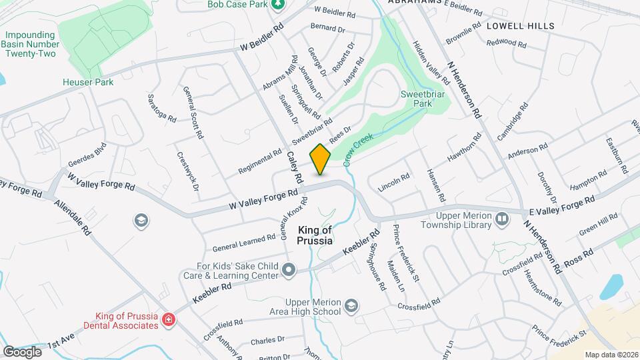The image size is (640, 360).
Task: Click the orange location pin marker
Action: click(321, 159)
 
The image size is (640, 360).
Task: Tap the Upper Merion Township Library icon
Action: click(501, 217)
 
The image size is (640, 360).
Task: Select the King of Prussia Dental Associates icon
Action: click(169, 320)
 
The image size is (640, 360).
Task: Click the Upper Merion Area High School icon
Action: click(351, 306)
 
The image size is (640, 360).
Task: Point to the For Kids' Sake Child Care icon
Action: click(288, 270)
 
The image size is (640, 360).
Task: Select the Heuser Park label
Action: click(88, 82)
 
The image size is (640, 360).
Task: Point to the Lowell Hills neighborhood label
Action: click(520, 26)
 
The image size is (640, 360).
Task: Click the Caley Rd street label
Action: click(295, 167)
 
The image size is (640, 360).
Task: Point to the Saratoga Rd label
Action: click(162, 107)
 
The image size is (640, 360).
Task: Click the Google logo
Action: click(22, 351)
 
